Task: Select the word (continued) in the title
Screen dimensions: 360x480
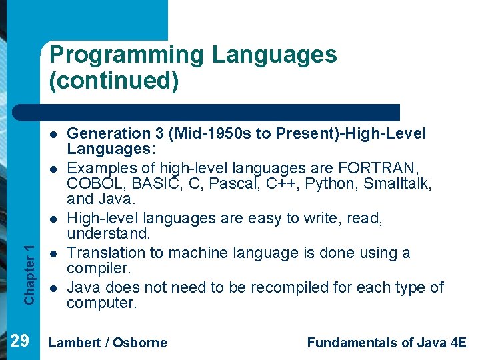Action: coord(113,81)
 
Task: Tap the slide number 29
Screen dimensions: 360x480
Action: coord(20,341)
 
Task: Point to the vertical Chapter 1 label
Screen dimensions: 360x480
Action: coord(29,273)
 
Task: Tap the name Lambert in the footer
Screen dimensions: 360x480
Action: coord(75,343)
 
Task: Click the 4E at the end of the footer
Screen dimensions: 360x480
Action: coord(458,343)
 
